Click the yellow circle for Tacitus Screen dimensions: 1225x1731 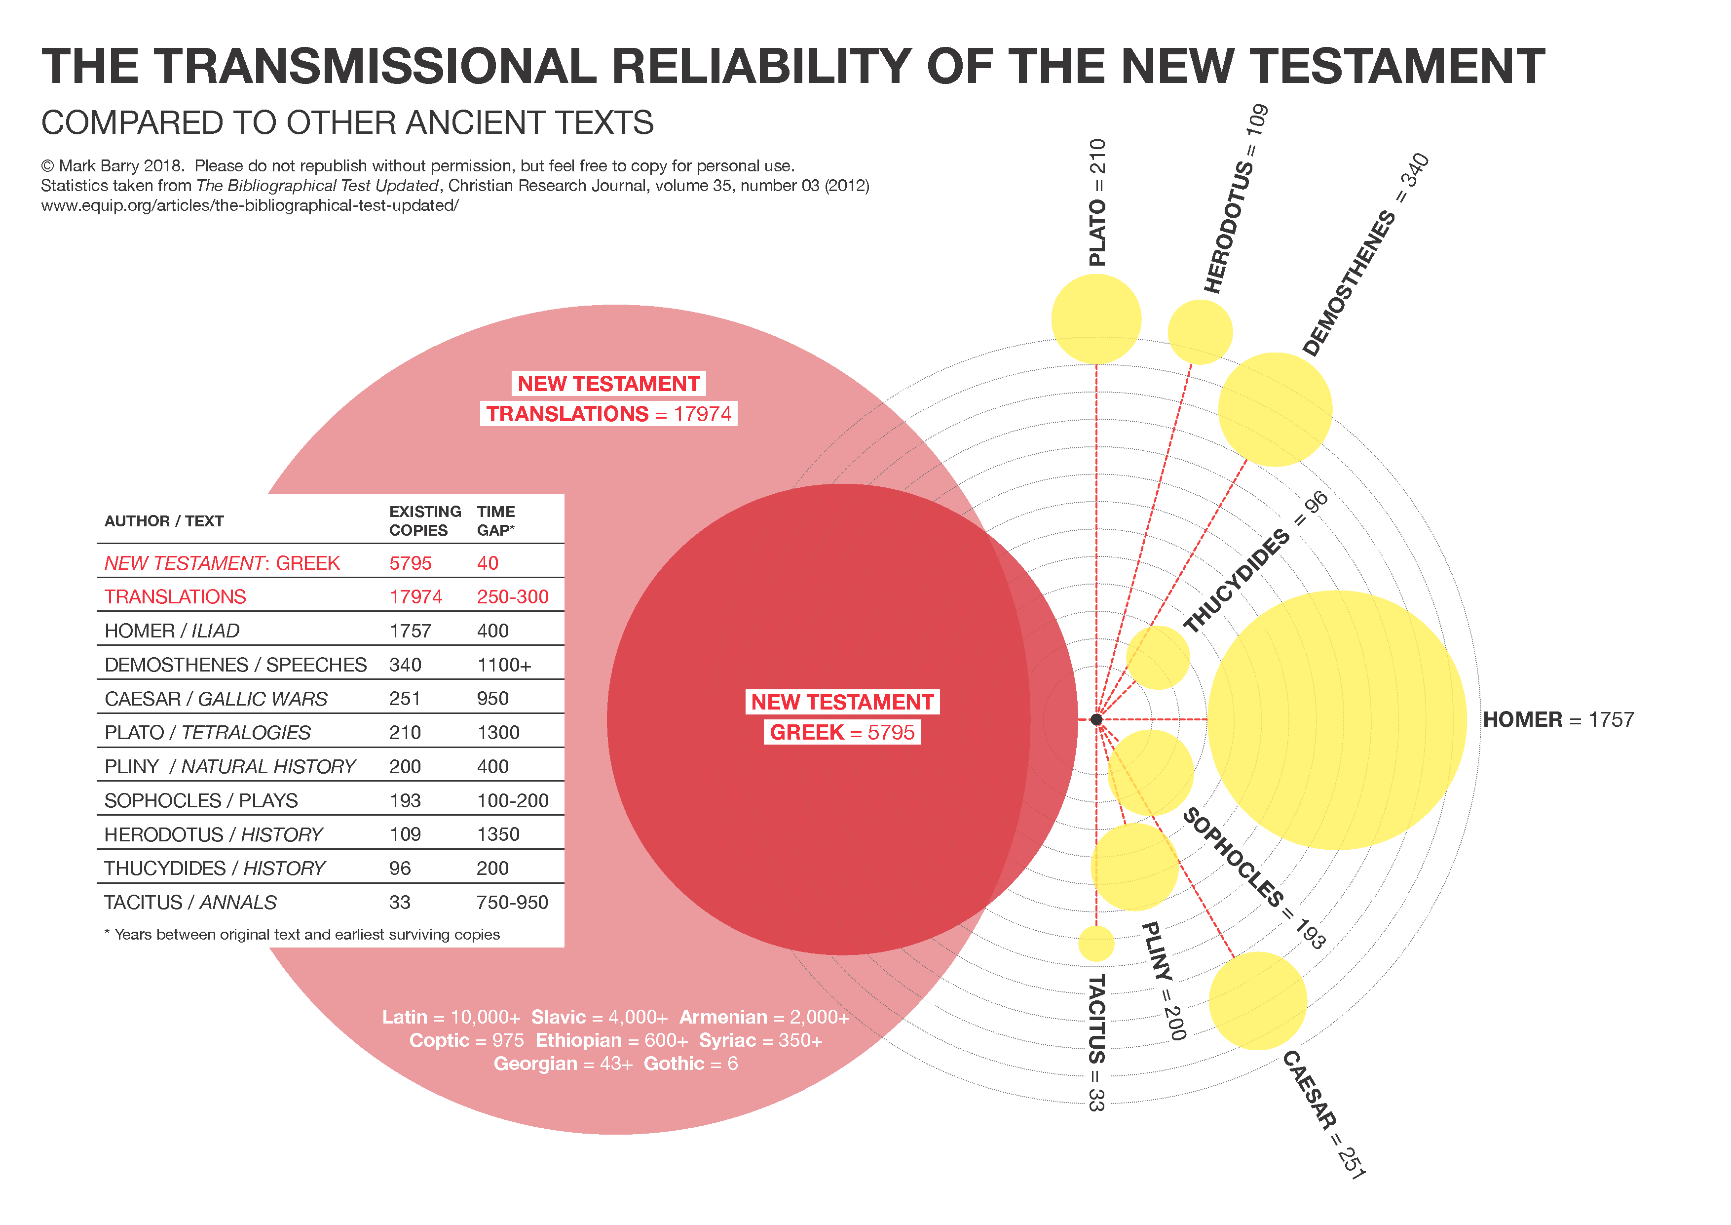pos(1095,943)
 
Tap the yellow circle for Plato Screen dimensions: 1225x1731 pos(1095,319)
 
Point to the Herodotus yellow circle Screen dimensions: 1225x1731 pos(1200,332)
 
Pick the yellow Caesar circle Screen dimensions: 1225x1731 pos(1257,1000)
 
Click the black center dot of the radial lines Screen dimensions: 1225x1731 pos(1096,719)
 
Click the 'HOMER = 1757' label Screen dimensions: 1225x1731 pos(1558,719)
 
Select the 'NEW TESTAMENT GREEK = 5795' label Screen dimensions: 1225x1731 pos(842,716)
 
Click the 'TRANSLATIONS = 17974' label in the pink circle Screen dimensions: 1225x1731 pos(608,413)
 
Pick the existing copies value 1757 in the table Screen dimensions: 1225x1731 pos(410,631)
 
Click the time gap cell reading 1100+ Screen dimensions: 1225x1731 pos(504,665)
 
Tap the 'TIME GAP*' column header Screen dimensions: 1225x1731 pos(496,520)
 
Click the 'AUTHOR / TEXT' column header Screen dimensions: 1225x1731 pos(164,520)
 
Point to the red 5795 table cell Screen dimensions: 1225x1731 pos(410,563)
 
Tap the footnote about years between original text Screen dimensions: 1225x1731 pos(301,934)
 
